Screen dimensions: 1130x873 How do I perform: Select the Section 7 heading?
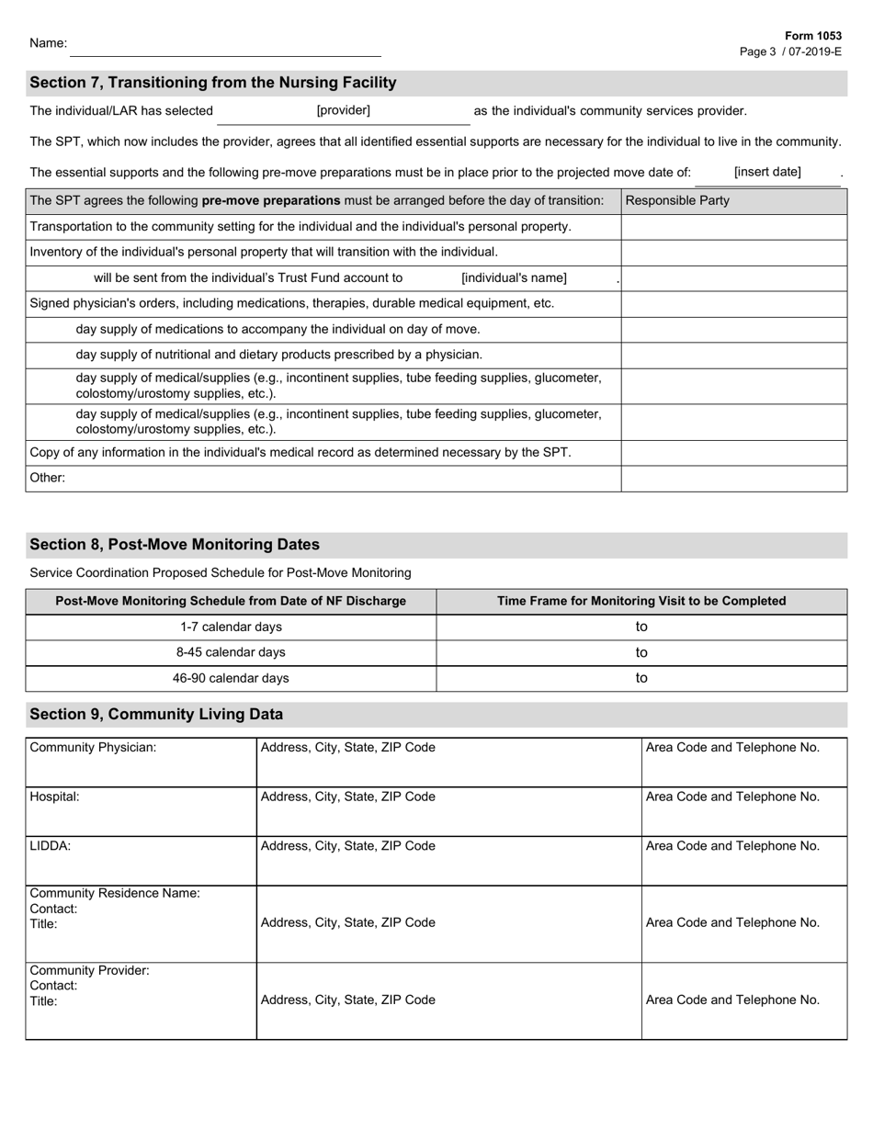[x=213, y=83]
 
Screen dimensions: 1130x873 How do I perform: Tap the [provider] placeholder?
[x=343, y=111]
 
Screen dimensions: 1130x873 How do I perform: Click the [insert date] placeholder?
[x=767, y=172]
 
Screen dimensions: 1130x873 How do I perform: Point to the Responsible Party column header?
[x=677, y=201]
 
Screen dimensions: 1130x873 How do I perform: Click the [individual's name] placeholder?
[x=514, y=278]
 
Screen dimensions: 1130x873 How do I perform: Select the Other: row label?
[x=48, y=478]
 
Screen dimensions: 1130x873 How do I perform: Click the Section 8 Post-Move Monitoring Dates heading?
[x=175, y=545]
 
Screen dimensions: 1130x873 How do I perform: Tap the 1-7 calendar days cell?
[x=231, y=627]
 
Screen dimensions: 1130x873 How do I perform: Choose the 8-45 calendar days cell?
[x=231, y=653]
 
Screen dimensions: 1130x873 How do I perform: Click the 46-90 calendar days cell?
[x=231, y=679]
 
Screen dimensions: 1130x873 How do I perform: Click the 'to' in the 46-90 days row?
[x=641, y=679]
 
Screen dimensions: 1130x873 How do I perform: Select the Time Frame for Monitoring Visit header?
[x=641, y=602]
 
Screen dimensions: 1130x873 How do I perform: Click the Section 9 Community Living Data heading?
[x=156, y=715]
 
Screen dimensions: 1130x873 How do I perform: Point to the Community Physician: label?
[x=94, y=748]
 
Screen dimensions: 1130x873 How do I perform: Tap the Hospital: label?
[x=55, y=797]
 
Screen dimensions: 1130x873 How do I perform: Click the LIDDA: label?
[x=51, y=846]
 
